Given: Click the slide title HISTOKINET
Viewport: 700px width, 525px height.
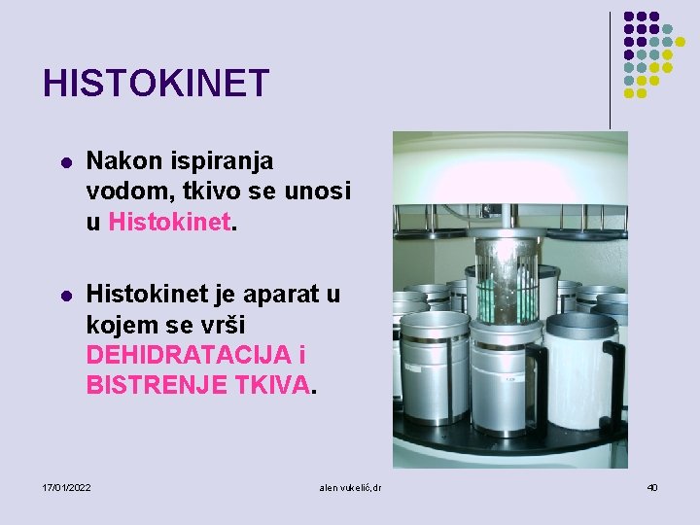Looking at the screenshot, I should click(156, 84).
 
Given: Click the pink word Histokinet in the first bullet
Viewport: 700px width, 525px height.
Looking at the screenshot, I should click(170, 223).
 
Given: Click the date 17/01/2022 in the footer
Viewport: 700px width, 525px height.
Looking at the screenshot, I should click(68, 486).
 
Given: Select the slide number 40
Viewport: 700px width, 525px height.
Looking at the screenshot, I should click(651, 486).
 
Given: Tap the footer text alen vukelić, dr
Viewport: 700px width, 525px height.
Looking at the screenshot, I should click(350, 486).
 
